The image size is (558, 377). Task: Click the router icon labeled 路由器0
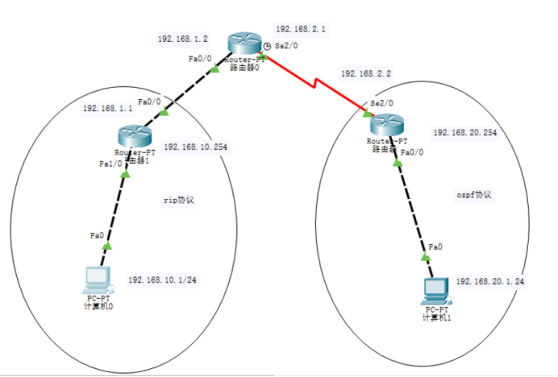tap(240, 43)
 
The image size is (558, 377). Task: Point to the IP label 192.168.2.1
tap(300, 29)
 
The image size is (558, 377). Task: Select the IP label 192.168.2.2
tap(365, 73)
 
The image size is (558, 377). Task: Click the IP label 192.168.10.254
tap(195, 147)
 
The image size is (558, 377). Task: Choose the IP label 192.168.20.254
tap(464, 132)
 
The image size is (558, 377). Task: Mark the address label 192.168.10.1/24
tap(160, 280)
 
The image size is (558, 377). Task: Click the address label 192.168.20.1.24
tap(489, 281)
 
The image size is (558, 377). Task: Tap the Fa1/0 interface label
tap(110, 164)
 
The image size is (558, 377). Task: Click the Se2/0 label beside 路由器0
tap(286, 47)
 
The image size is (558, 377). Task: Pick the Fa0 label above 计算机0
tap(97, 236)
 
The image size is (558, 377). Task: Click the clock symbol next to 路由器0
tap(267, 46)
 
